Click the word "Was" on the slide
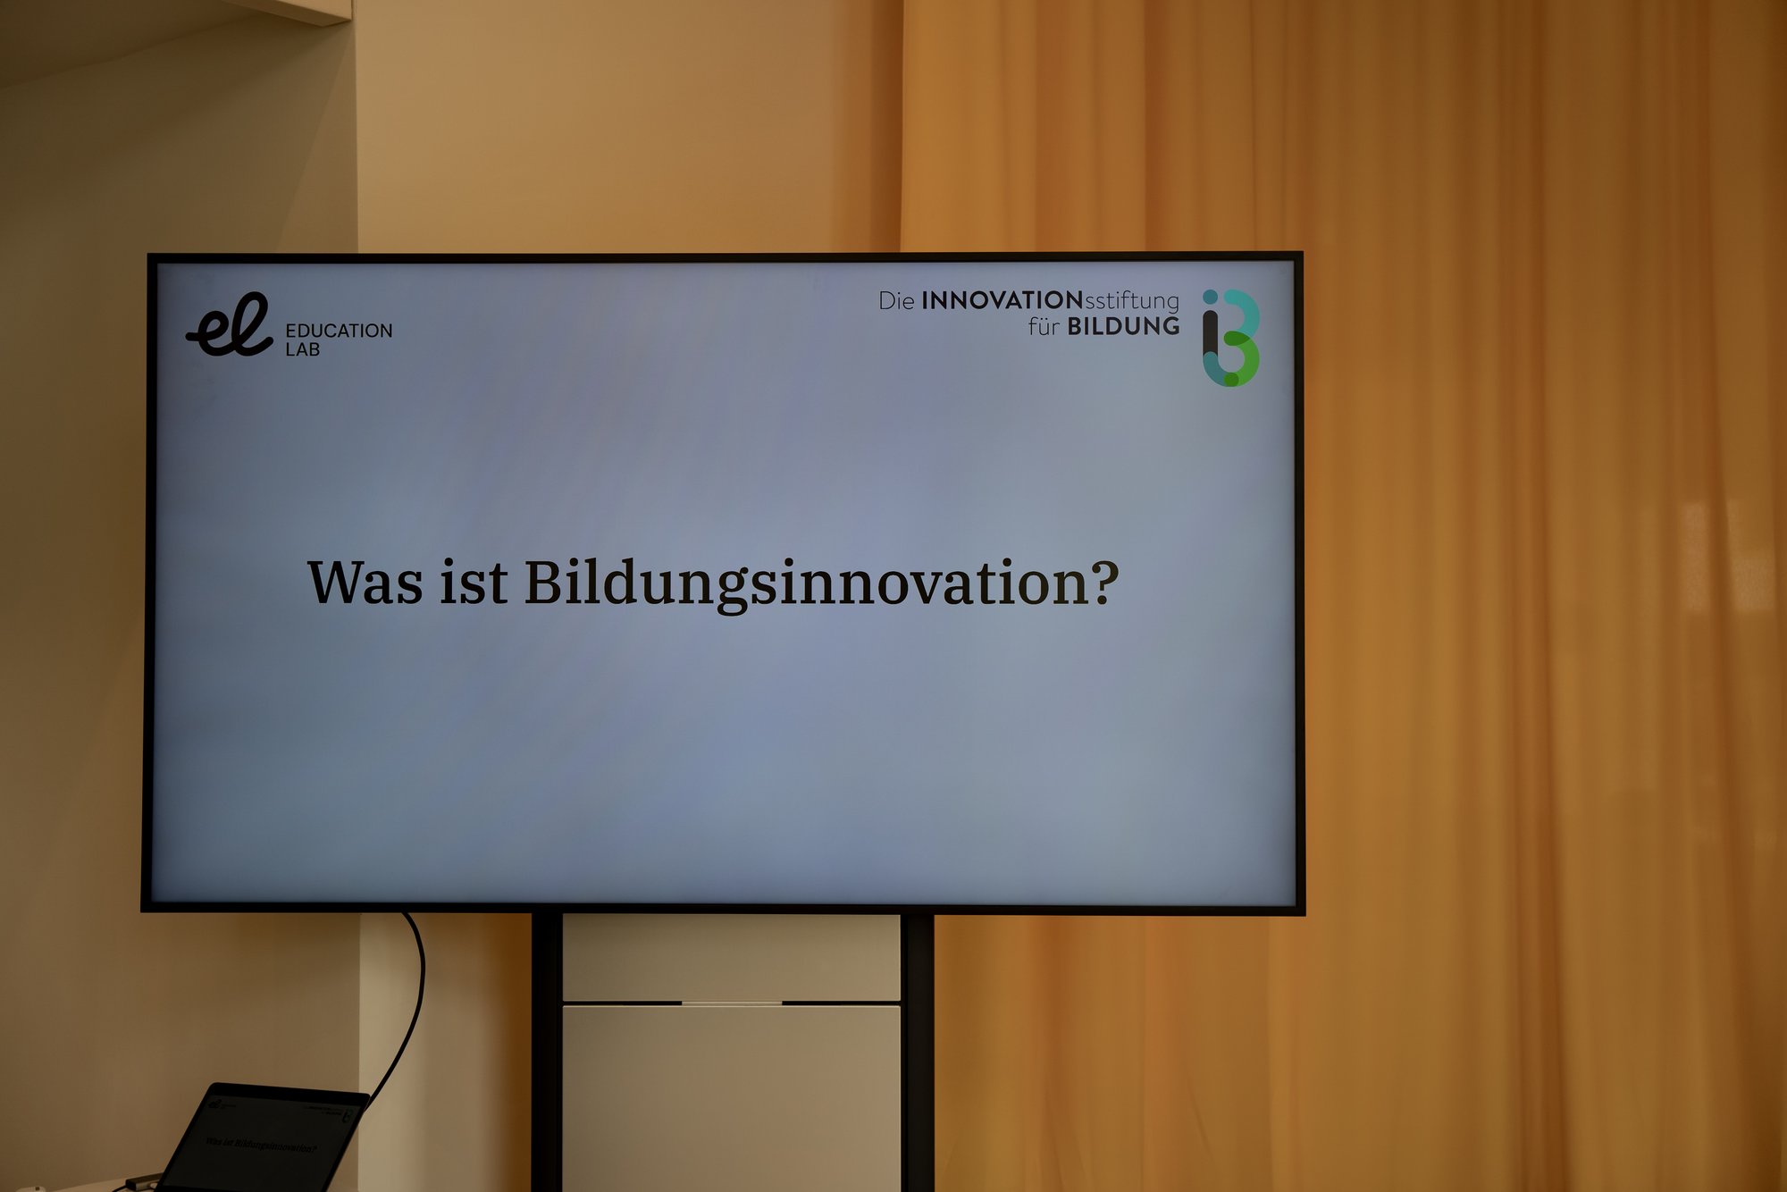tap(365, 583)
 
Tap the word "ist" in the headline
tap(474, 583)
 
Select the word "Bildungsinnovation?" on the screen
tap(821, 585)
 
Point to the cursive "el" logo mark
tap(229, 325)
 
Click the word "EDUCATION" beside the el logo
tap(339, 331)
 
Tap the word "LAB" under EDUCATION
tap(303, 349)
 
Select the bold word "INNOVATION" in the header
tap(1003, 300)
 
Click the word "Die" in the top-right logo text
tap(896, 301)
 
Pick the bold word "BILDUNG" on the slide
tap(1124, 326)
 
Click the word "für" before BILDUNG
tap(1044, 326)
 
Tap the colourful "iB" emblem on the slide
tap(1230, 338)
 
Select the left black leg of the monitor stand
tap(546, 1053)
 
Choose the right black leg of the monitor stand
tap(918, 1053)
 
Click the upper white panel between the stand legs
tap(732, 958)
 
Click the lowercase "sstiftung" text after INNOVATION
tap(1132, 301)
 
